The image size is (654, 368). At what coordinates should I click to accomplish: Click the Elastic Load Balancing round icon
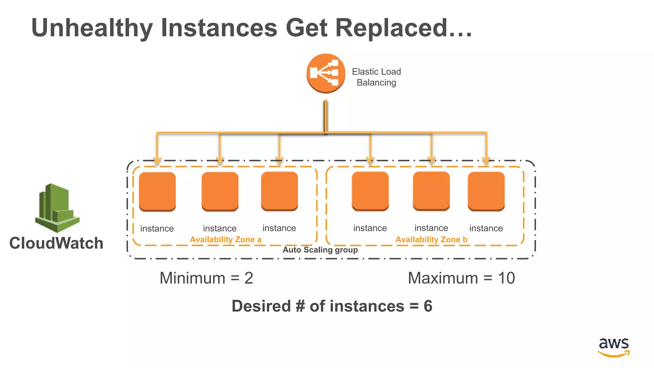(326, 73)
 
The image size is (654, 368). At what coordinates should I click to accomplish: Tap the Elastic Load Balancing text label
(376, 77)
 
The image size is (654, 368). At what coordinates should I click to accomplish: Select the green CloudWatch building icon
(57, 208)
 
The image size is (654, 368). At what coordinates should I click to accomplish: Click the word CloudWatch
(56, 243)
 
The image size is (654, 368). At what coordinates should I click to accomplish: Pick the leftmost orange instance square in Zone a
(157, 191)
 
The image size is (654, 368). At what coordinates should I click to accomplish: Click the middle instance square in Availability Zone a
(220, 191)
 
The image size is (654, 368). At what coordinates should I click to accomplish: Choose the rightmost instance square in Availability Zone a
(279, 191)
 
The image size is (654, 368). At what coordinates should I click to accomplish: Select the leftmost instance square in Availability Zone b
(370, 191)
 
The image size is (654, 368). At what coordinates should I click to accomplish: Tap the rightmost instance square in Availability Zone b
(486, 191)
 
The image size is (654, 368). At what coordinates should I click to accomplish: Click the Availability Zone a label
(225, 240)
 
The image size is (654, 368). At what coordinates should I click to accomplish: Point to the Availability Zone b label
(431, 240)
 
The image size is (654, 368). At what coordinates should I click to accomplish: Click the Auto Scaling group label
(320, 250)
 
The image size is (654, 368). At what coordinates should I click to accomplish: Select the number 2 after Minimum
(249, 278)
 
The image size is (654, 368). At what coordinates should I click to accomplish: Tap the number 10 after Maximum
(506, 278)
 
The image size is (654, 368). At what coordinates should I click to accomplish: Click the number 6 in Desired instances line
(428, 306)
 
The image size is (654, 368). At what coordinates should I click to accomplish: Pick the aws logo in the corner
(613, 347)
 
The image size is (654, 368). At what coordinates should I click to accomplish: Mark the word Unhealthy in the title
(92, 28)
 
